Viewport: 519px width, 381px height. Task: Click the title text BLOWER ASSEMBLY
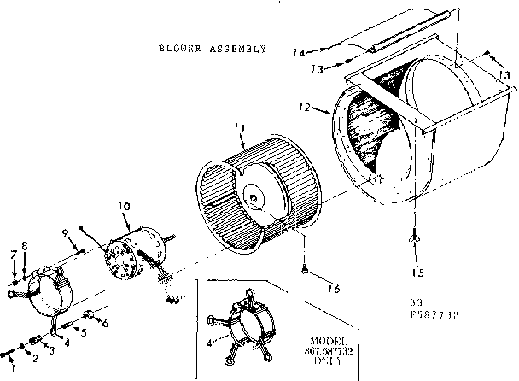point(212,49)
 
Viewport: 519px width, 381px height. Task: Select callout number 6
point(105,323)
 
